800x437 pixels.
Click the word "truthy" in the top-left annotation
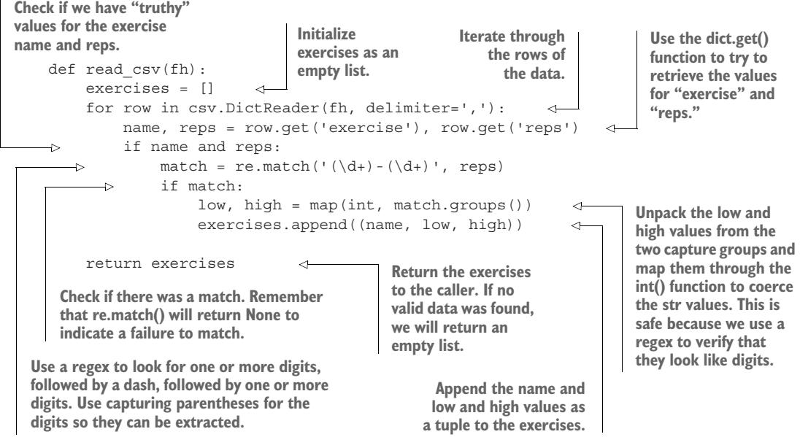click(x=130, y=8)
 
